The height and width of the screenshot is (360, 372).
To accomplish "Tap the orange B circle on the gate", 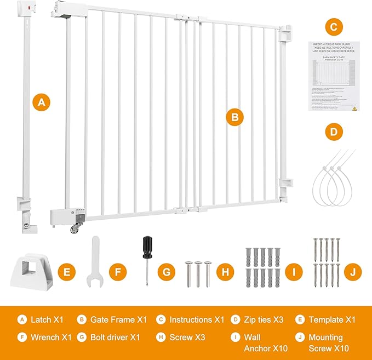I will point(234,117).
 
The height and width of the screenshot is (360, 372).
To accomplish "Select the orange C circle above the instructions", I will point(333,26).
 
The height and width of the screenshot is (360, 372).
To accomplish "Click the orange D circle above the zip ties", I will point(333,132).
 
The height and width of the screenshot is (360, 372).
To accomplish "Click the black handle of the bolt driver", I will point(147,247).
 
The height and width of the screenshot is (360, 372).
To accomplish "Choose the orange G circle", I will point(168,271).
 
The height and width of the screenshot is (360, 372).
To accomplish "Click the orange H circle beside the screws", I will point(225,271).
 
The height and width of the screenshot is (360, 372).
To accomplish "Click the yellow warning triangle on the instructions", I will point(354,108).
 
